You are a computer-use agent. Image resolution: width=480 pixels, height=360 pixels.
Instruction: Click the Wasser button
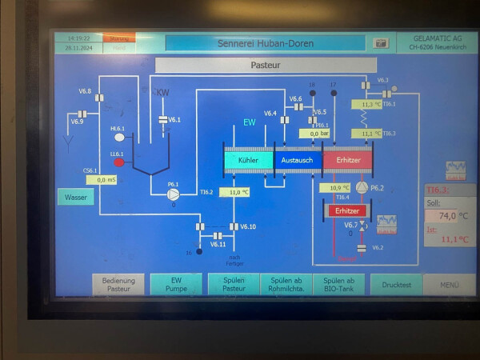[75, 197]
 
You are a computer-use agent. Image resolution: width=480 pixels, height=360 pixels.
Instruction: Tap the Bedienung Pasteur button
[119, 284]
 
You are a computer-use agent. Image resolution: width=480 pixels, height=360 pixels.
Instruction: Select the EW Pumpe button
[176, 284]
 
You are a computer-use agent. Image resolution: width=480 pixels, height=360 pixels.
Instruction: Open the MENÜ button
[449, 284]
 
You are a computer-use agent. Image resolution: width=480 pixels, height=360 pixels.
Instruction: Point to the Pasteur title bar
[265, 64]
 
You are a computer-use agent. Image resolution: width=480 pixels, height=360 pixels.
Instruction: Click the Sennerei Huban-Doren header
[266, 43]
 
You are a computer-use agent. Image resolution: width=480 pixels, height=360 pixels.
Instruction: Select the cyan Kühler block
[249, 161]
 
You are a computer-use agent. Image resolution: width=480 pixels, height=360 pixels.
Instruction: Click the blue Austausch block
[297, 161]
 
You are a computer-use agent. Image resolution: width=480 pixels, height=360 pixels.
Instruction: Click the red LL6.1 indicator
[119, 162]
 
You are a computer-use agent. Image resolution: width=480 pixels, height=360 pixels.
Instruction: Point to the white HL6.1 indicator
[119, 138]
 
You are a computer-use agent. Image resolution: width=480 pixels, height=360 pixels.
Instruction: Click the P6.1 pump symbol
[173, 195]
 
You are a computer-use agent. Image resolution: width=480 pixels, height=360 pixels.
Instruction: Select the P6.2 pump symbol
[362, 187]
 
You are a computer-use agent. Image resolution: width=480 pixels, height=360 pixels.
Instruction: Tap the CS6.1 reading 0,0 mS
[102, 180]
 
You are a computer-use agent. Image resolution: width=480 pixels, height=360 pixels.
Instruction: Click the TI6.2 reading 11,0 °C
[234, 192]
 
